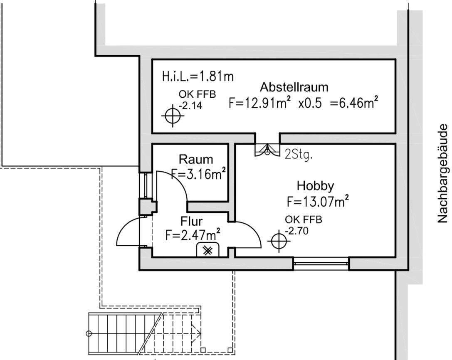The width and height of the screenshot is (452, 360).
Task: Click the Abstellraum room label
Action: pos(294,87)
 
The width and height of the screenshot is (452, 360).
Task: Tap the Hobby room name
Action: pos(315,186)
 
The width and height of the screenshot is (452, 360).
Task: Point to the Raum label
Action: pos(196,159)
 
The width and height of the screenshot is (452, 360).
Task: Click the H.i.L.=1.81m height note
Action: pos(198,76)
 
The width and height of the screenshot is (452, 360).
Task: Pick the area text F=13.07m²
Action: pos(318,201)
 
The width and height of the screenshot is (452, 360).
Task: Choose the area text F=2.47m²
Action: pos(193,234)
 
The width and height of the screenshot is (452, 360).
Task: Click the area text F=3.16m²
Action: pos(198,174)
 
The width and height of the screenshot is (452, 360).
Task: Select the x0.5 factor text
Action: pos(310,103)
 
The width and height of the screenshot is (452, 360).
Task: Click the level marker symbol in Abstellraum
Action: pos(173,116)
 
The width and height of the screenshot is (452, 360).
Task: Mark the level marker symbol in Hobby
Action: pos(279,241)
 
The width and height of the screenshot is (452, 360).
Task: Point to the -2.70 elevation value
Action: pos(296,231)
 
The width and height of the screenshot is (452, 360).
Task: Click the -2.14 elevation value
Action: pos(190,106)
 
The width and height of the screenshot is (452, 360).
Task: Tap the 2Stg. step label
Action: pos(299,155)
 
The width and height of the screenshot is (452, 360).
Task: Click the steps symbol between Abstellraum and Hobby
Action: pos(267,150)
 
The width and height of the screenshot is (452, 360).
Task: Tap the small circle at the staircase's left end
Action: pos(89,334)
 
